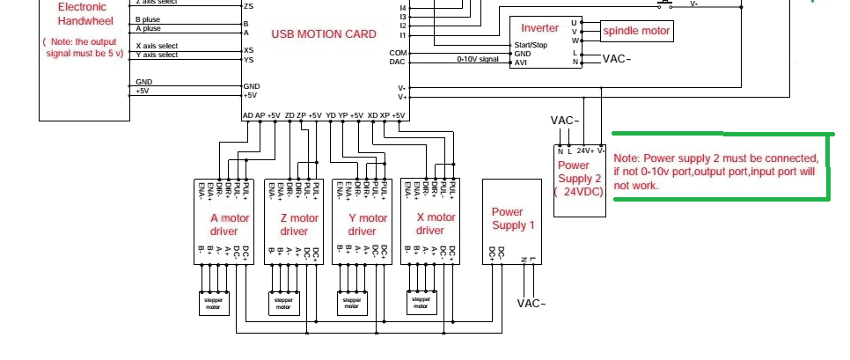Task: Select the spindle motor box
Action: click(x=636, y=32)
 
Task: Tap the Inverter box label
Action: click(x=539, y=28)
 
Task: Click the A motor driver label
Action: click(x=229, y=224)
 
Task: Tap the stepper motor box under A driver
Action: click(x=213, y=304)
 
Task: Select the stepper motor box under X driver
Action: click(x=420, y=303)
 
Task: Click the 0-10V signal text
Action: click(x=478, y=60)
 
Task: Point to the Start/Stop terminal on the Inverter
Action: click(x=531, y=45)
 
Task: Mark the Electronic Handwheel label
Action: click(x=82, y=13)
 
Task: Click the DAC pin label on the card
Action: click(x=398, y=62)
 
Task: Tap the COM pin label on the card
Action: click(x=398, y=53)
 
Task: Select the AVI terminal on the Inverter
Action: click(x=521, y=62)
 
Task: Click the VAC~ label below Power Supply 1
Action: click(x=531, y=304)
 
